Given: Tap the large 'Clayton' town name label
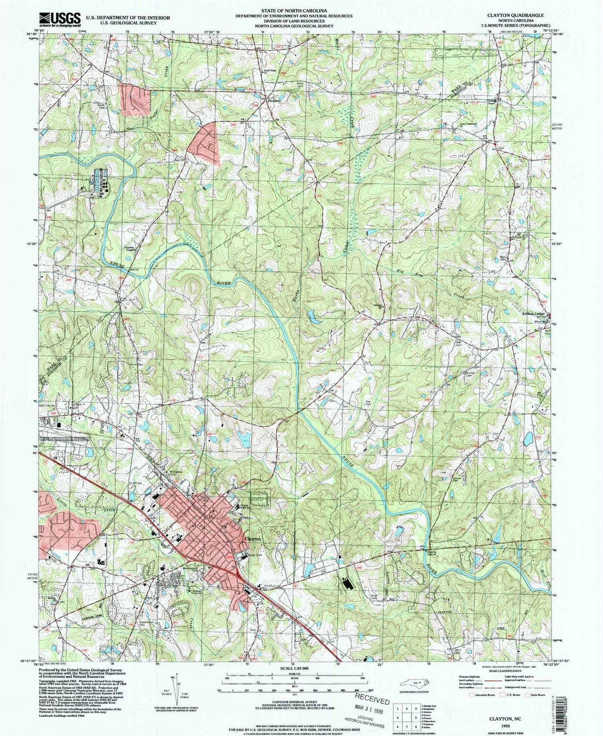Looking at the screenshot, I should click(253, 539).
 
